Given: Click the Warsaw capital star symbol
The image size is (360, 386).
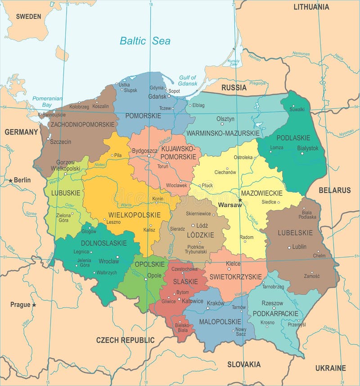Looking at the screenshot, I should [x=240, y=200].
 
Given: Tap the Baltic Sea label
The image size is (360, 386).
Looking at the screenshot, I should [x=145, y=41].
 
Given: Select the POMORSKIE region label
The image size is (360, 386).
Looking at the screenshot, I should [x=143, y=116].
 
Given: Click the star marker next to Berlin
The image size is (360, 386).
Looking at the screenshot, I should [x=10, y=180].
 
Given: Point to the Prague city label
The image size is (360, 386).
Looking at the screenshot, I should [x=20, y=305].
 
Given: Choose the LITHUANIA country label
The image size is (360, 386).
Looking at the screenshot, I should [x=311, y=7].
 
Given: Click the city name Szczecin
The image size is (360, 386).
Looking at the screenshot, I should [x=61, y=141].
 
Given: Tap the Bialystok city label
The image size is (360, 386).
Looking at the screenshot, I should [x=308, y=148].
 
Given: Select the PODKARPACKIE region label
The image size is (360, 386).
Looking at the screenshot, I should [x=276, y=313].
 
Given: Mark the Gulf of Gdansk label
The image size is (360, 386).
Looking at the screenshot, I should [x=188, y=81].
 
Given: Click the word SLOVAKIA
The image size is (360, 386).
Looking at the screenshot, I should [x=243, y=364].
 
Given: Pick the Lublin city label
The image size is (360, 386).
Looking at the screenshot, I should [x=299, y=247].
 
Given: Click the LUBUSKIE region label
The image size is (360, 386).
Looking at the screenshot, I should [x=66, y=193].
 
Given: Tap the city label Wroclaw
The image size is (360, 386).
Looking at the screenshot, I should [x=109, y=261].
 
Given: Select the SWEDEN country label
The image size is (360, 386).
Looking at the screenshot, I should [x=28, y=17].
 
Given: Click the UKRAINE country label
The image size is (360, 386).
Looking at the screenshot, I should [x=330, y=368].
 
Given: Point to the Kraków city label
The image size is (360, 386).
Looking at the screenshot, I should [x=216, y=303].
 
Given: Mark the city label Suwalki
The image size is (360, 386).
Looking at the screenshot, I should [x=297, y=109].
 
